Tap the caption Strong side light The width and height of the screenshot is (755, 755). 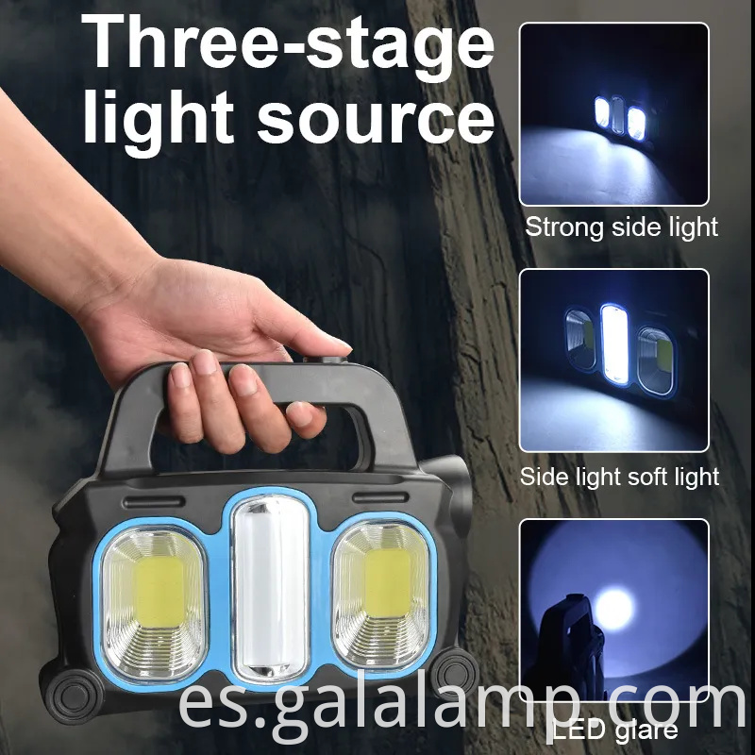tap(622, 226)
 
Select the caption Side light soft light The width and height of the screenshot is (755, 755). tap(620, 477)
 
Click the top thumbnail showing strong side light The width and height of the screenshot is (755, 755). tap(613, 113)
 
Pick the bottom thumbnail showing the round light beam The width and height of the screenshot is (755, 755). tap(613, 609)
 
